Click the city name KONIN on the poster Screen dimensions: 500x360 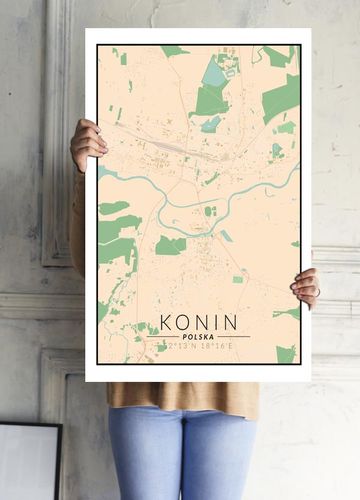click(x=199, y=322)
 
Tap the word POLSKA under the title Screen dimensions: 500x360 click(x=198, y=337)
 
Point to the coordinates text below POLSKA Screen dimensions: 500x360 click(x=198, y=346)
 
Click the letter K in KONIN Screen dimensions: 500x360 click(x=167, y=322)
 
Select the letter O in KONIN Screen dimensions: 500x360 click(x=185, y=322)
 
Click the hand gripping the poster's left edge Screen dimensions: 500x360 click(x=87, y=144)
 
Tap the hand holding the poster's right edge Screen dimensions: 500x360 click(x=306, y=287)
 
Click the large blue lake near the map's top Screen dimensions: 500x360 click(x=214, y=73)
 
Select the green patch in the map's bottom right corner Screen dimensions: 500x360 click(x=286, y=354)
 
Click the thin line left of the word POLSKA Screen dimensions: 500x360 click(x=161, y=337)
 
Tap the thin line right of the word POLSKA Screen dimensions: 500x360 click(x=235, y=337)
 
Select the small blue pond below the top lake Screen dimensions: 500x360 click(x=211, y=124)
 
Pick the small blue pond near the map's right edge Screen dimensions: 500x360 click(x=277, y=150)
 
